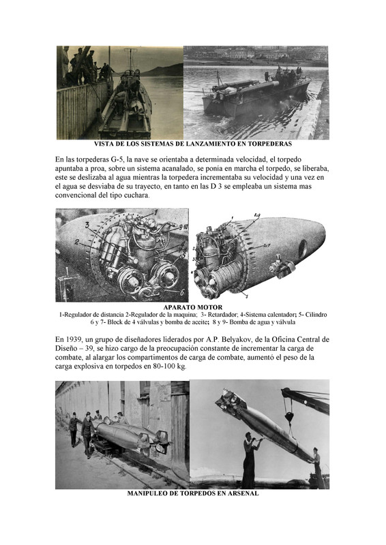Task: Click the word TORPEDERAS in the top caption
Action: [x=271, y=144]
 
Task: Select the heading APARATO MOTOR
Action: [x=192, y=307]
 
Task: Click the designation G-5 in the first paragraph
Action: [x=117, y=160]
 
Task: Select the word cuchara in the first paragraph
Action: [x=138, y=196]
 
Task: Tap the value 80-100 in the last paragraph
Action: [x=163, y=367]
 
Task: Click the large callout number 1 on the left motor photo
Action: [x=156, y=213]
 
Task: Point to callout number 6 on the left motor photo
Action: [x=181, y=292]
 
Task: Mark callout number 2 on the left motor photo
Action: [x=76, y=243]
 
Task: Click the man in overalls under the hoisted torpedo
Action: [x=250, y=460]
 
